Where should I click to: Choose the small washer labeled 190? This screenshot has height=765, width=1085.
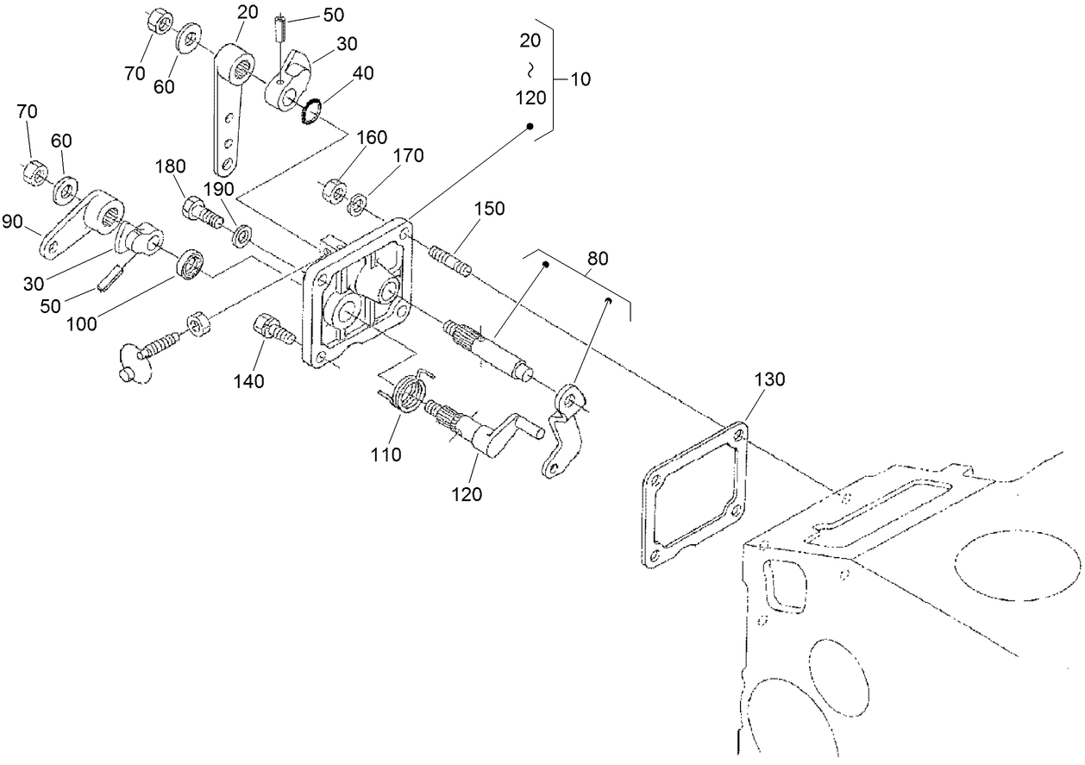[243, 234]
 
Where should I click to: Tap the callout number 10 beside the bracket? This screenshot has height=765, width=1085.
[580, 79]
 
